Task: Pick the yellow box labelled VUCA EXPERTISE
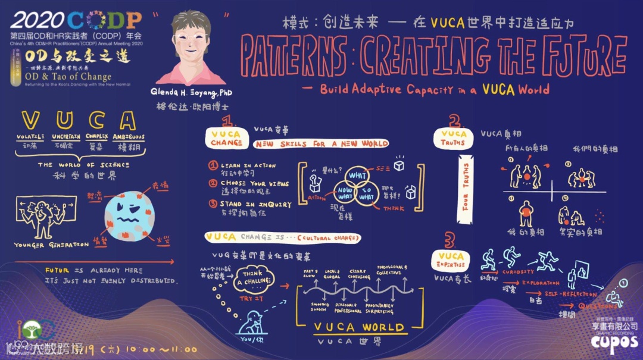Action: pos(451,260)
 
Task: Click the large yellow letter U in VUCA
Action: pos(63,120)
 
